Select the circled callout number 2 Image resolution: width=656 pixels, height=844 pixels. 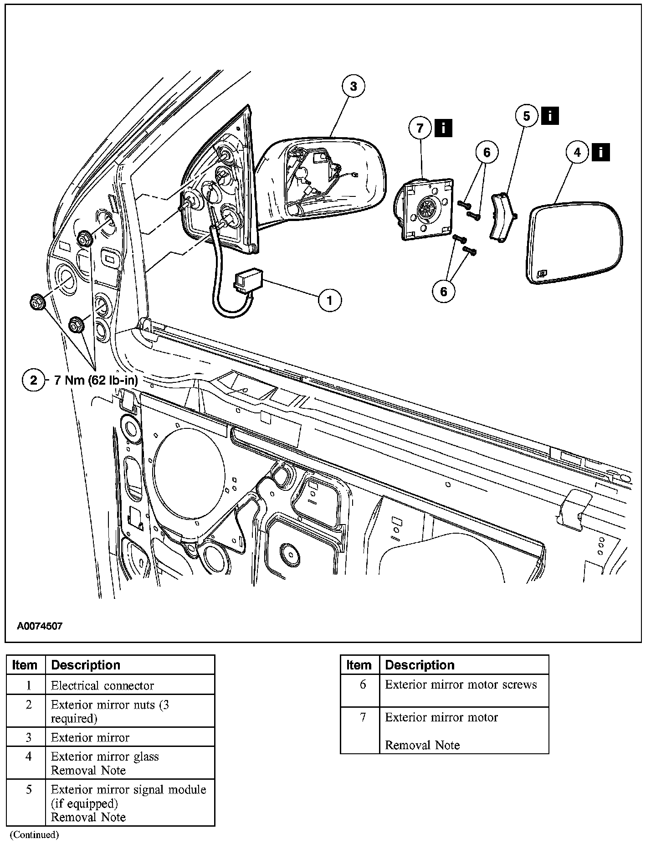pyautogui.click(x=33, y=380)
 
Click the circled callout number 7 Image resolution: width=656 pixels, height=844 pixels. pyautogui.click(x=420, y=128)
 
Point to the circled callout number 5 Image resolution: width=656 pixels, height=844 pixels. pyautogui.click(x=527, y=116)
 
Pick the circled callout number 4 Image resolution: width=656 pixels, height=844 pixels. pyautogui.click(x=578, y=152)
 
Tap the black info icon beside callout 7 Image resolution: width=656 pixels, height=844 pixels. pyautogui.click(x=443, y=128)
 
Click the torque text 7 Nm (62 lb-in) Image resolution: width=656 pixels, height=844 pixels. pyautogui.click(x=96, y=380)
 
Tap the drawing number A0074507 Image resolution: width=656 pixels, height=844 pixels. pyautogui.click(x=40, y=626)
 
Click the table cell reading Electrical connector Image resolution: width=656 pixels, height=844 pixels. pyautogui.click(x=102, y=685)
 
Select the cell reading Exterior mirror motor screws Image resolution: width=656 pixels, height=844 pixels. pyautogui.click(x=461, y=684)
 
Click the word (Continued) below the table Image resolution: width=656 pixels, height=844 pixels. pyautogui.click(x=35, y=835)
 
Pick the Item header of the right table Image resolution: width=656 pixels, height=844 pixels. pyautogui.click(x=359, y=665)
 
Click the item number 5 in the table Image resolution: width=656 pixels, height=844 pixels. pyautogui.click(x=29, y=789)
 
